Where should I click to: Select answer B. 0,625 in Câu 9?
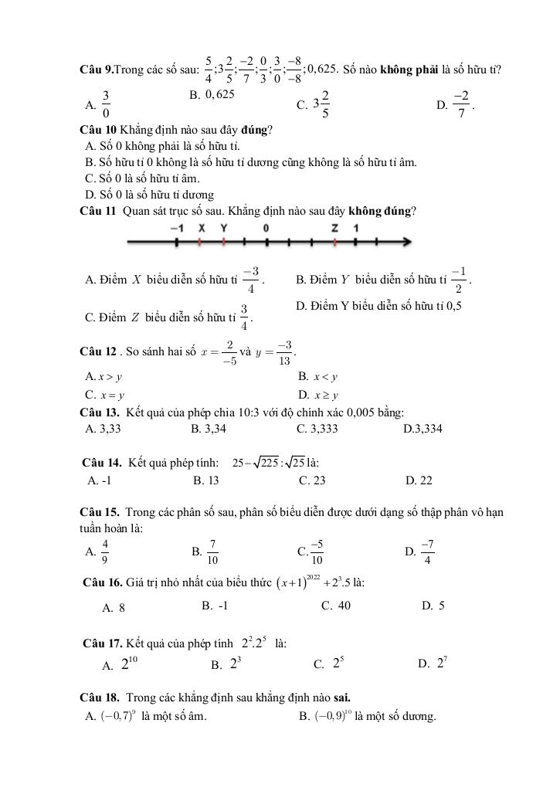[x=212, y=94]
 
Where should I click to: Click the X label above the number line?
[x=201, y=229]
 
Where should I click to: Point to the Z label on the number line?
[x=334, y=229]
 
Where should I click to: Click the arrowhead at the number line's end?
[x=405, y=243]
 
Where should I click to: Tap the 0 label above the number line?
[x=266, y=229]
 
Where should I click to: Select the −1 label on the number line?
[x=177, y=229]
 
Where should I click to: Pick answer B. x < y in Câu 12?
[x=318, y=377]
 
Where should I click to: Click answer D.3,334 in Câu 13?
[x=423, y=428]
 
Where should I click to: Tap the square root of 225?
[x=270, y=463]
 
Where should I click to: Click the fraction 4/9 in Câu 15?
[x=106, y=552]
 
